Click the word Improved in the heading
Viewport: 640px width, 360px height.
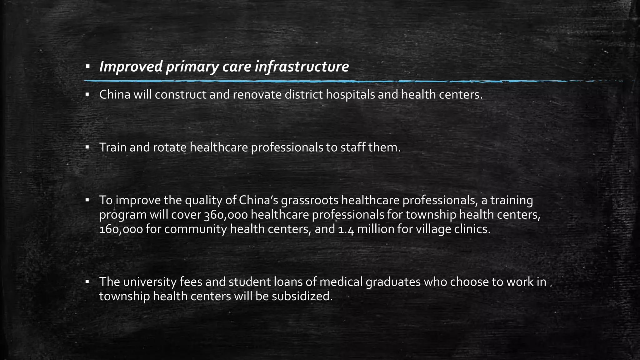[x=131, y=67]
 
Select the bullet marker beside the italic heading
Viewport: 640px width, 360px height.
[x=87, y=67]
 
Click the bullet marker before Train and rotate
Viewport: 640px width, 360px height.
[x=87, y=147]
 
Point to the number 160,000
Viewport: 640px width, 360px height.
[x=121, y=229]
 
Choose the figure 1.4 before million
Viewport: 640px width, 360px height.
[x=346, y=229]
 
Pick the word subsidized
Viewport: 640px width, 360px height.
[x=302, y=296]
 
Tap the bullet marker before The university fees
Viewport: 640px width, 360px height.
[x=87, y=282]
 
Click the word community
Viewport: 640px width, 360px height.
[x=196, y=229]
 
